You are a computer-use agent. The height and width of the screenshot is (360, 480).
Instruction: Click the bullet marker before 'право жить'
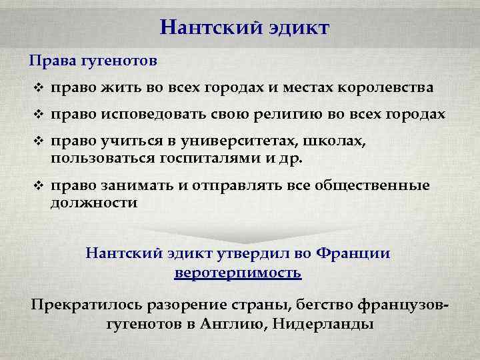coord(37,88)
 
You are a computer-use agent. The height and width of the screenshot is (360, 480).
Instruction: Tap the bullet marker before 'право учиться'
coord(37,141)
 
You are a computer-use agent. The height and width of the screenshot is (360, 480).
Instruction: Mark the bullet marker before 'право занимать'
coord(37,186)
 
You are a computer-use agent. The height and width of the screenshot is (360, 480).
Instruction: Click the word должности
coord(93,203)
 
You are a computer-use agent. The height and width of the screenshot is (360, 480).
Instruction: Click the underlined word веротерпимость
coord(238,273)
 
